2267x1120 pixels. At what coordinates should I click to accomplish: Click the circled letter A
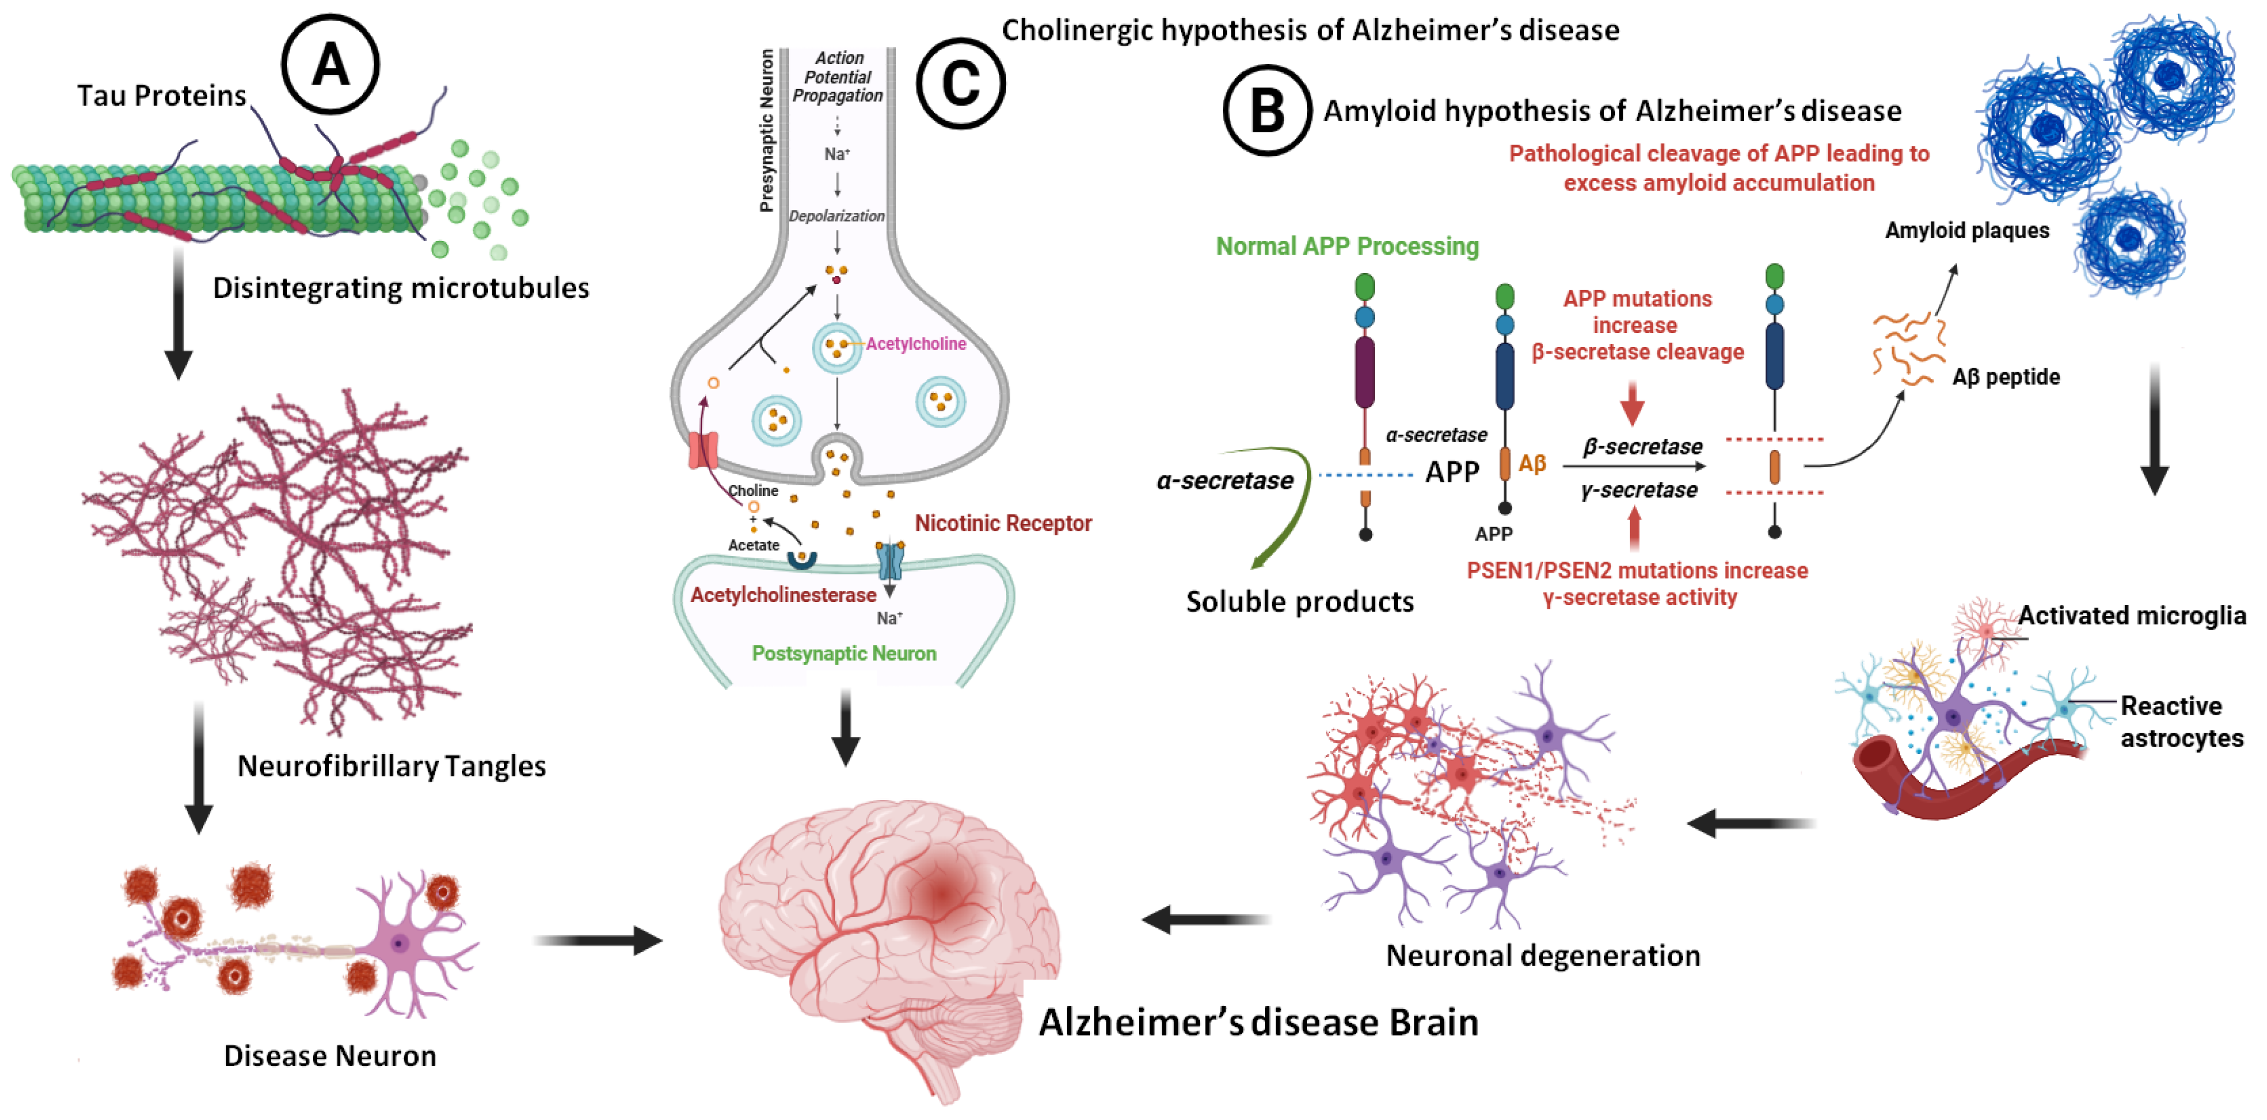tap(330, 64)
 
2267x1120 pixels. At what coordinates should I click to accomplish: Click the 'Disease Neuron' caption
tap(330, 1055)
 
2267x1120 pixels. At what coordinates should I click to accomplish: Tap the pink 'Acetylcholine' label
tap(916, 344)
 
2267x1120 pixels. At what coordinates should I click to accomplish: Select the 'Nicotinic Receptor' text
tap(1003, 524)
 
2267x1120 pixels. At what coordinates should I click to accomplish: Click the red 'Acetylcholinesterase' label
tap(783, 595)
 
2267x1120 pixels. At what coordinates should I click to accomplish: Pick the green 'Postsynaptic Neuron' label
tap(844, 654)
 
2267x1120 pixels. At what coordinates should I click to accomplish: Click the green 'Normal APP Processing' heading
tap(1347, 246)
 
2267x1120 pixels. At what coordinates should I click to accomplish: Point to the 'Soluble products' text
tap(1300, 602)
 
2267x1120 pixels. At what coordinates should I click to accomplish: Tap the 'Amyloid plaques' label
tap(1967, 230)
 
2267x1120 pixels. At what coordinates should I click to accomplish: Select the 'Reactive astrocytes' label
tap(2182, 721)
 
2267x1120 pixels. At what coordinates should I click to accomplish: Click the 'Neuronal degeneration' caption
tap(1543, 955)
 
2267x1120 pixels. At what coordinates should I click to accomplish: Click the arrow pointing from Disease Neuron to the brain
tap(598, 941)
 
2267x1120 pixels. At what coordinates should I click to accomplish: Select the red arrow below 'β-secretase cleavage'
tap(1632, 403)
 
